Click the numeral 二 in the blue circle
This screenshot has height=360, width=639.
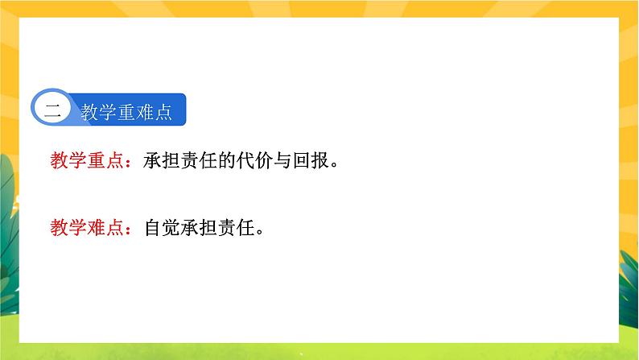click(52, 111)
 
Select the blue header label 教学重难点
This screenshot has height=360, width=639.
click(127, 112)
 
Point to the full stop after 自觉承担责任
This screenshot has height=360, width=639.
click(261, 232)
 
